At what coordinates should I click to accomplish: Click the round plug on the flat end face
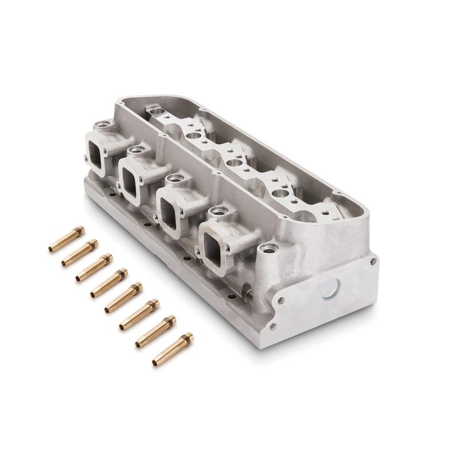coord(332,289)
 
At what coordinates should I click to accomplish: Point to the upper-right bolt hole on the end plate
coord(374,261)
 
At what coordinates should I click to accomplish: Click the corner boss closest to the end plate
coord(269,249)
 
